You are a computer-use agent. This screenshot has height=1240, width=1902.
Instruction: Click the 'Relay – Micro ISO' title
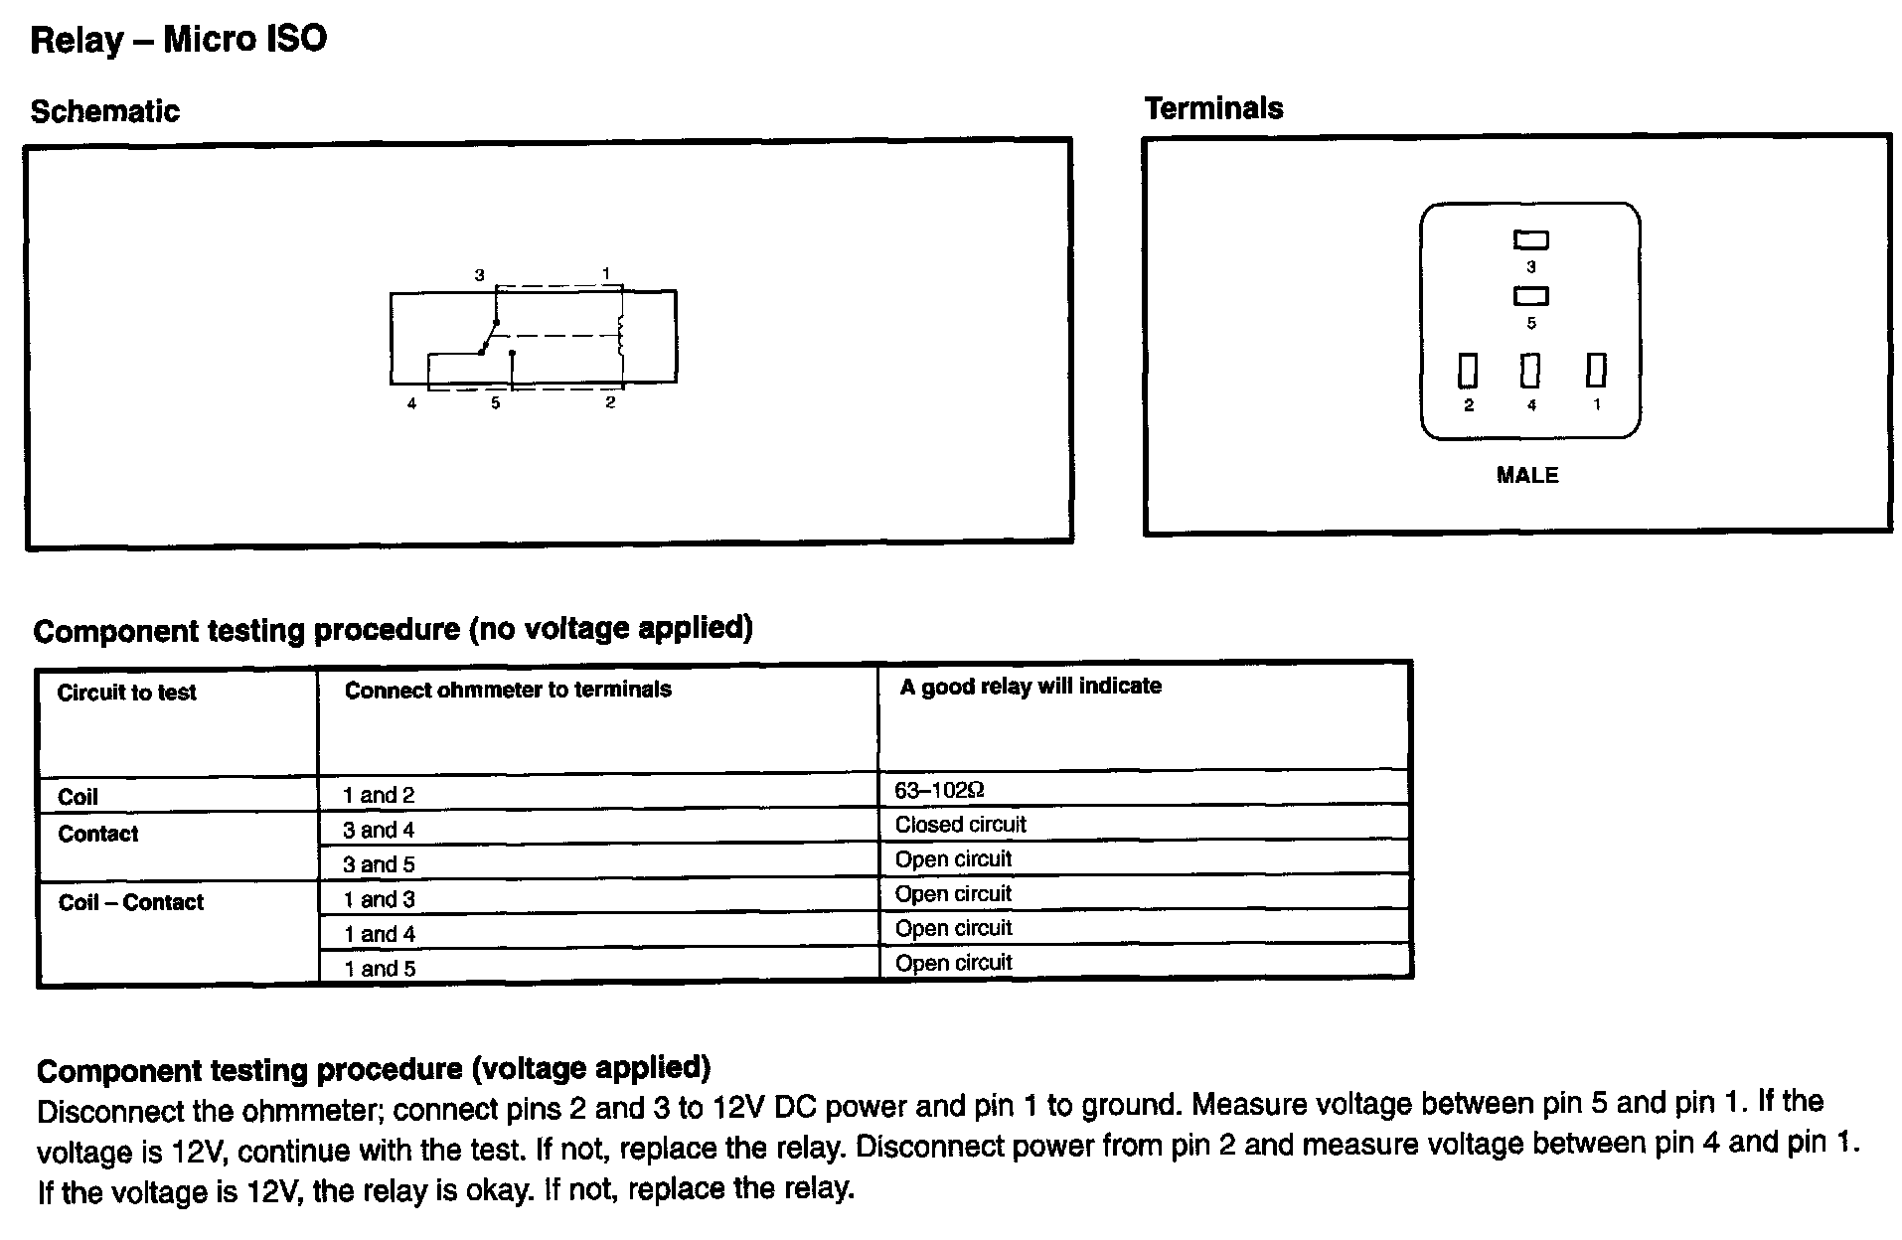179,40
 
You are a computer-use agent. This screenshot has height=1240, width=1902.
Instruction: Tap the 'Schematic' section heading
104,111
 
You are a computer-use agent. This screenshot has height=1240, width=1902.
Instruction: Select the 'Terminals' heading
1213,108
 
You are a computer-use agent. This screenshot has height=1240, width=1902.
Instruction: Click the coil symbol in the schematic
621,336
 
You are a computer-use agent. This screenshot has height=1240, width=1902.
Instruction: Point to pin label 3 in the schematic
479,275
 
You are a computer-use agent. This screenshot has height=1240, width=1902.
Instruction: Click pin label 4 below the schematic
411,403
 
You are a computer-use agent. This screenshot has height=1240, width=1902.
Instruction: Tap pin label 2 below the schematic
610,402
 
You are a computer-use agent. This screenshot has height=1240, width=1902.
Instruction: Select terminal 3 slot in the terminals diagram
1530,239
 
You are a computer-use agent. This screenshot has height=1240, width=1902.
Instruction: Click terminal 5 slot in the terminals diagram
1530,296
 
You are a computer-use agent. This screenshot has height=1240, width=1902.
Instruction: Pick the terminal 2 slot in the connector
1468,371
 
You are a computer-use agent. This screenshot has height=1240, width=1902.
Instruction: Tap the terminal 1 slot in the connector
1596,370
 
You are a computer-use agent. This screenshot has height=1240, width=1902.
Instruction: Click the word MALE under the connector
1527,476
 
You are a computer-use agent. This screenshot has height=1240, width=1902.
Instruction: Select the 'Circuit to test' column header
126,693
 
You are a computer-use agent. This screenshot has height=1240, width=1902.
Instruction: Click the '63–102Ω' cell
939,791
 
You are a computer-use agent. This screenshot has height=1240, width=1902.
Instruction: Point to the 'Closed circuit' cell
960,825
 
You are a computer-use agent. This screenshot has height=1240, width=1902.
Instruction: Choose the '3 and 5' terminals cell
379,864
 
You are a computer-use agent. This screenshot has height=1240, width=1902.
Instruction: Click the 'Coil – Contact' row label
130,902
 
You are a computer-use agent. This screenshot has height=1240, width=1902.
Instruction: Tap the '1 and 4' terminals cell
380,934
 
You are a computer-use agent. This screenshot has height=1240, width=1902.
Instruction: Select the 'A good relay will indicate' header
1030,687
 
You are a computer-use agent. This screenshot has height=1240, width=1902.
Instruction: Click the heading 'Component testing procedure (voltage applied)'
374,1069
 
